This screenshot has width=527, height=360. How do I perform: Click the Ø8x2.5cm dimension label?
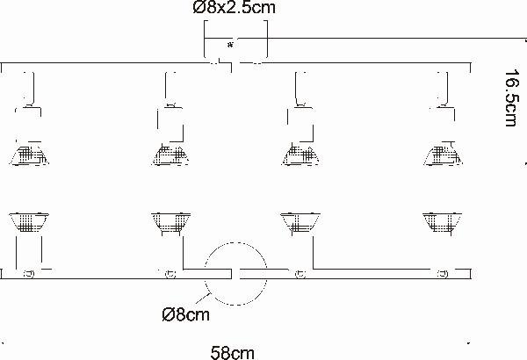pyautogui.click(x=235, y=8)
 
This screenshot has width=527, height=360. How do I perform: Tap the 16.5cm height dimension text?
pyautogui.click(x=511, y=97)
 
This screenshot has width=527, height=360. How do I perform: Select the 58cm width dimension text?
pyautogui.click(x=232, y=353)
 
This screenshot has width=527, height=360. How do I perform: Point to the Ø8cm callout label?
pyautogui.click(x=185, y=314)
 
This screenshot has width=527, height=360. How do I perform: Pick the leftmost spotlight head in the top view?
pyautogui.click(x=29, y=155)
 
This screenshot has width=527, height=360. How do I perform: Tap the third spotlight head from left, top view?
pyautogui.click(x=300, y=155)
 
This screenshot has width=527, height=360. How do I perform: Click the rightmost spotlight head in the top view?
pyautogui.click(x=443, y=155)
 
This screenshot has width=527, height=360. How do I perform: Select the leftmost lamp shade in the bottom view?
pyautogui.click(x=29, y=222)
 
